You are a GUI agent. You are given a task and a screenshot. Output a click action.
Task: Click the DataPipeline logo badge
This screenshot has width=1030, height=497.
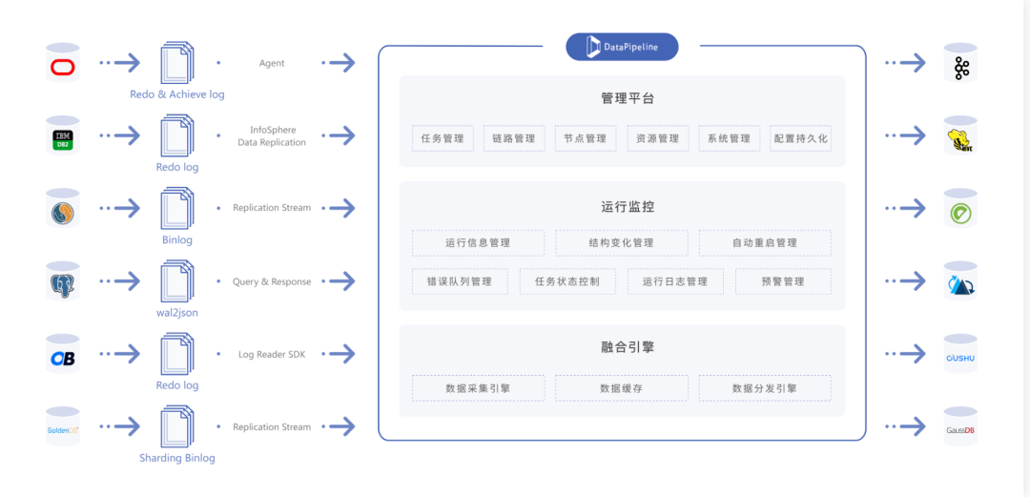[622, 47]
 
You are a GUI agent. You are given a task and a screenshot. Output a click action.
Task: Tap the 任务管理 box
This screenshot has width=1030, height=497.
[443, 138]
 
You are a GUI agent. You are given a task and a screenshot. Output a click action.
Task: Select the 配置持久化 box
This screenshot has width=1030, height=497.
[800, 138]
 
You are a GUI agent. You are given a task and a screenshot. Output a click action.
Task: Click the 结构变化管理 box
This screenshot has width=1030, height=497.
[622, 242]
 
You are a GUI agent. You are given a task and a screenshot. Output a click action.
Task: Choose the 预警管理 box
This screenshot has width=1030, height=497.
[783, 281]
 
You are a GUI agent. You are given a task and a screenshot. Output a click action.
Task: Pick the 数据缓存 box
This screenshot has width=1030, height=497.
[622, 388]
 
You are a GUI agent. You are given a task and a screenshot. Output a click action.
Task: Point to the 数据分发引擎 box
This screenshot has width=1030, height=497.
[765, 388]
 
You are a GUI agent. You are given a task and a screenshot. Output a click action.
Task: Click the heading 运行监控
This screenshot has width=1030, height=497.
[622, 206]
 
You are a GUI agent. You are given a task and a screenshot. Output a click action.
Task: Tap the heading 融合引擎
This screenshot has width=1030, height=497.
[622, 346]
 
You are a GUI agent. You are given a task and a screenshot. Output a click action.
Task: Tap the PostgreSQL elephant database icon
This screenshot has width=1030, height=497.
[63, 281]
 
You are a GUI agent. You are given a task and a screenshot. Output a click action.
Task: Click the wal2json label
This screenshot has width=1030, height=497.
[177, 313]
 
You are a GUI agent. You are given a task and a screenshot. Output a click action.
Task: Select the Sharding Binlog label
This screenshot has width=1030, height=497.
[177, 458]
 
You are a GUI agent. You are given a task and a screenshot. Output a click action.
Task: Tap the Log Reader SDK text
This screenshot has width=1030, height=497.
[272, 354]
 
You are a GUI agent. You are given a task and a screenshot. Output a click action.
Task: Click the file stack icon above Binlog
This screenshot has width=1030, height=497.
[177, 208]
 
